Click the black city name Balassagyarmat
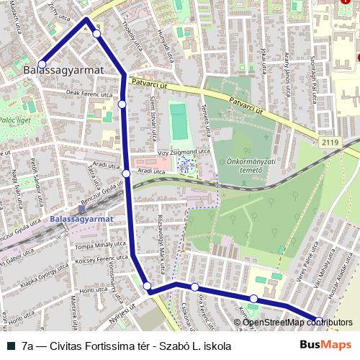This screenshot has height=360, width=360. pyautogui.click(x=64, y=71)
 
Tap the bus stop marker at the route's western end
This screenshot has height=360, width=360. pyautogui.click(x=42, y=64)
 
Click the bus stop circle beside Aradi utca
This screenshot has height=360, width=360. pyautogui.click(x=126, y=173)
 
